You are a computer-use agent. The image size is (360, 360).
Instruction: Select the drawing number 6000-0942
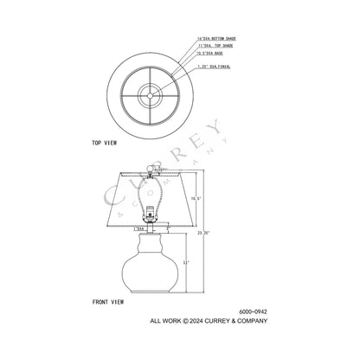point(252,312)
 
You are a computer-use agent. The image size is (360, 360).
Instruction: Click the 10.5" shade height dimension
point(196,199)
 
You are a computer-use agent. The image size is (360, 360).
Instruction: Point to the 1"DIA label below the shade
point(138,228)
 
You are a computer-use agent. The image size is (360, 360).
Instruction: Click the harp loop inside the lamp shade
point(150,195)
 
